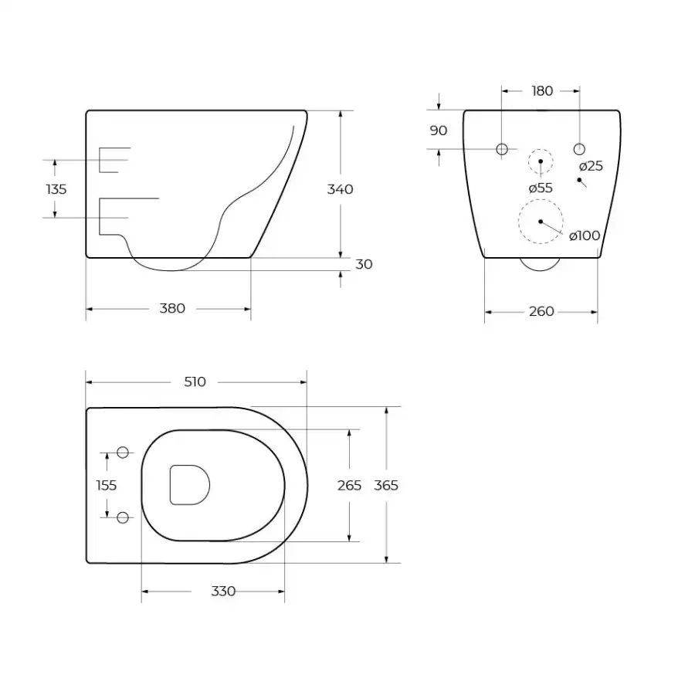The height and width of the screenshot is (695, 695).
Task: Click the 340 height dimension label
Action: point(340,189)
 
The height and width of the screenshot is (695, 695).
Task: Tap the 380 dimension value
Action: point(172,308)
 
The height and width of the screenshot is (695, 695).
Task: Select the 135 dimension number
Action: point(56,189)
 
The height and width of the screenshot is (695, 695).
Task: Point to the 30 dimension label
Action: point(364,264)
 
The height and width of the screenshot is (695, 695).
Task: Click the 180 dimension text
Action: point(542,91)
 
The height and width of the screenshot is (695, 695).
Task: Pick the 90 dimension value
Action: point(439,131)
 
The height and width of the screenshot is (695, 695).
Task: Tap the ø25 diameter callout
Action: point(591,166)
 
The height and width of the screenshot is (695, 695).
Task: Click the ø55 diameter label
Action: point(541,188)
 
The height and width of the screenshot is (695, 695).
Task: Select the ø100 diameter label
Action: point(585,236)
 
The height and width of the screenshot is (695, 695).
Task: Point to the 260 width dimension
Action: point(541,312)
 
